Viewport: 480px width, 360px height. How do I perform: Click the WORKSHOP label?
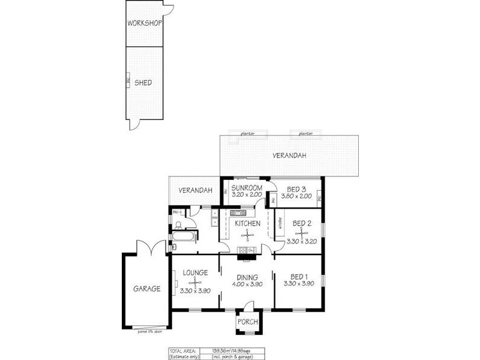click(144, 23)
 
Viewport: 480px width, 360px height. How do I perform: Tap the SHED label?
click(143, 83)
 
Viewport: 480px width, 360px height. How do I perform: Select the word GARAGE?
click(146, 289)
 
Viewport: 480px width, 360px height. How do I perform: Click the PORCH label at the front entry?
click(247, 322)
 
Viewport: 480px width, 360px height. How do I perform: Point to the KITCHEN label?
click(247, 224)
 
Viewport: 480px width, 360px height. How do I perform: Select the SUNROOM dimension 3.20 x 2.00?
click(246, 196)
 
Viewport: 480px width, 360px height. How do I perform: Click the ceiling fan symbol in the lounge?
click(195, 282)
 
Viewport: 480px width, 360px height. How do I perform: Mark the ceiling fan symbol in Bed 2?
click(298, 232)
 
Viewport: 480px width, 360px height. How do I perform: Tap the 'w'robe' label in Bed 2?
click(279, 225)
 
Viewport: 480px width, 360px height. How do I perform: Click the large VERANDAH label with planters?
click(289, 155)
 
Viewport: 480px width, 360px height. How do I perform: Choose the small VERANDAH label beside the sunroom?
click(196, 191)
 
